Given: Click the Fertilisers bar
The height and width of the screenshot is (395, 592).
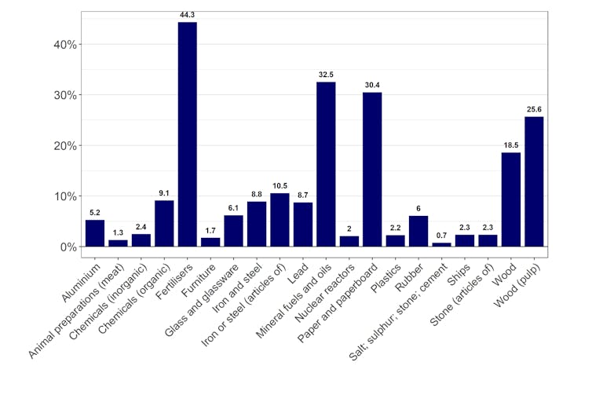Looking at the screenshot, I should coord(187,133).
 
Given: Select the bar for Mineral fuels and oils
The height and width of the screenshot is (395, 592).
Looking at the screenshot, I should coord(326,164).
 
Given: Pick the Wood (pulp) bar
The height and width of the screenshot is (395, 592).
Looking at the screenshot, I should coord(534,181).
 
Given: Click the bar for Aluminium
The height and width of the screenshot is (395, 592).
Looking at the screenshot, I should coord(95,233).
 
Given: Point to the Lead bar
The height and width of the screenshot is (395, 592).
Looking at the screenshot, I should coord(303,225).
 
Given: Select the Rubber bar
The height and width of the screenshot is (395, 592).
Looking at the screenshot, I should coord(418,231).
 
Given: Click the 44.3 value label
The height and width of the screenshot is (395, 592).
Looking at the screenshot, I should coord(187,14).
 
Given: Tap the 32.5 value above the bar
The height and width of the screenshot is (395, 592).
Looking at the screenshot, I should coord(326,74).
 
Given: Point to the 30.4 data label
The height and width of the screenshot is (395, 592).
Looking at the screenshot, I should coord(372,85).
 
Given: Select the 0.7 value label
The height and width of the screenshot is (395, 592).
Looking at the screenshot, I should coord(442,235).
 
